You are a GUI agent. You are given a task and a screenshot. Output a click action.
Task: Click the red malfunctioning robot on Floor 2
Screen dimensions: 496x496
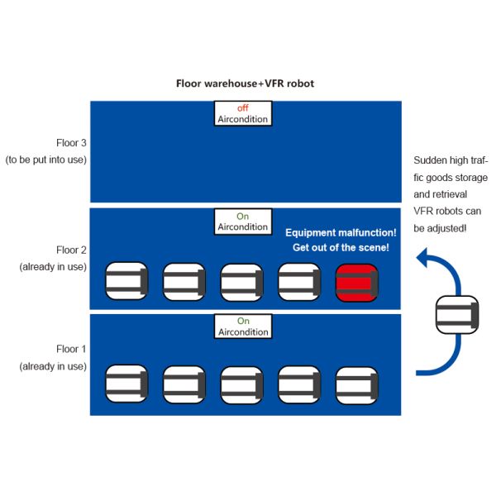click(x=356, y=282)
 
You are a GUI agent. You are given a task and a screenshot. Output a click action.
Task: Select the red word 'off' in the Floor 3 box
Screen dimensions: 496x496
click(x=242, y=107)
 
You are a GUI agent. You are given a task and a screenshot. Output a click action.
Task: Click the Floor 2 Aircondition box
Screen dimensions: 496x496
click(x=242, y=221)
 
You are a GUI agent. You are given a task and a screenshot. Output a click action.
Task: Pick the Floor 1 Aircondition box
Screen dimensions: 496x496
click(x=242, y=327)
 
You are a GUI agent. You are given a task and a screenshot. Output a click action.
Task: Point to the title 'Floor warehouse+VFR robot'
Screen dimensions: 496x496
click(x=246, y=83)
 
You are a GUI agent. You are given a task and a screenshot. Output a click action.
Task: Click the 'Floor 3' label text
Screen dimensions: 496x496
click(x=71, y=143)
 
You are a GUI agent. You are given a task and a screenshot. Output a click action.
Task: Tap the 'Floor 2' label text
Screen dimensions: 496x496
click(x=71, y=250)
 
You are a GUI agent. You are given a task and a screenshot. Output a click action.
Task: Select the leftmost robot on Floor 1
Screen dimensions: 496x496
click(x=127, y=384)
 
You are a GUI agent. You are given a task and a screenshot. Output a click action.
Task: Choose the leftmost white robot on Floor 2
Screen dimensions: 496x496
click(x=127, y=282)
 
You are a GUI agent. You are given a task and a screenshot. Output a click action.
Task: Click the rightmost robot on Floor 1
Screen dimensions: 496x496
click(x=356, y=384)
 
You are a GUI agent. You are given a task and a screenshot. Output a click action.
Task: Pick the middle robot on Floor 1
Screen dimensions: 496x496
click(x=241, y=384)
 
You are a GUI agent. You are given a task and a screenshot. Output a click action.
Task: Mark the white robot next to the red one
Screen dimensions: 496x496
click(x=299, y=282)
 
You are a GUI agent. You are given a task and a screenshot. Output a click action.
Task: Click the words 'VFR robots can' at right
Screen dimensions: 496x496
click(x=450, y=210)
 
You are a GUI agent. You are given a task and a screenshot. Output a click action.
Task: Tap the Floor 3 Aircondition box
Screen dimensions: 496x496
click(x=242, y=113)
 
